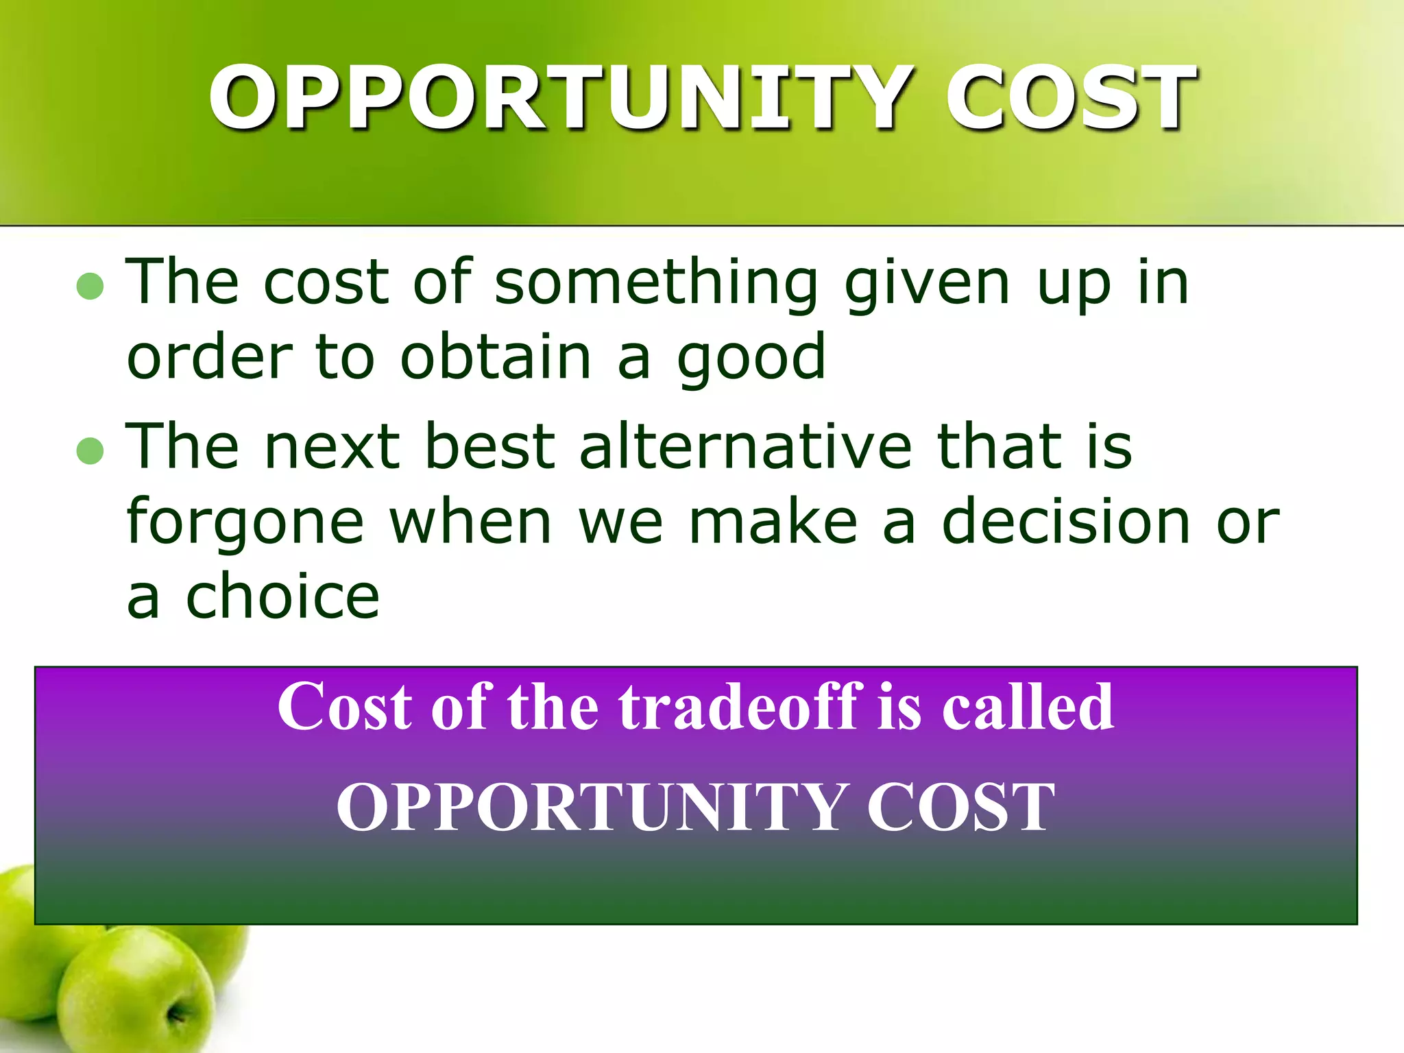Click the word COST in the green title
click(x=1070, y=97)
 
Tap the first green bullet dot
click(x=90, y=287)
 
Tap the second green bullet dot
click(x=90, y=451)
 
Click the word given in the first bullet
click(x=927, y=282)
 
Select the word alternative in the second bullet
click(x=746, y=447)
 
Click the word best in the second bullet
click(x=489, y=447)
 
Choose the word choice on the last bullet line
click(x=282, y=598)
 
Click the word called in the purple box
click(x=1027, y=707)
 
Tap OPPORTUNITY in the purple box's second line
click(x=588, y=809)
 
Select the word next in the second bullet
click(x=332, y=447)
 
